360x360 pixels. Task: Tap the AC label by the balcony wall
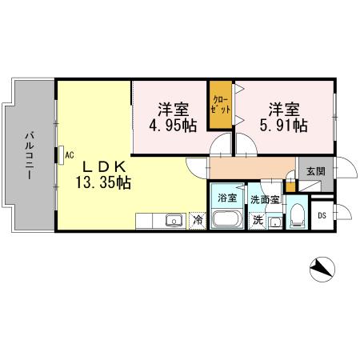coord(69,154)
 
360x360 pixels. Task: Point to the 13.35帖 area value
coord(102,182)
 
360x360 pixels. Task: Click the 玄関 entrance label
coord(315,170)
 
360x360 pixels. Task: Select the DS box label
coord(322,214)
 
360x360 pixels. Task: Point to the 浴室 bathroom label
coord(227,198)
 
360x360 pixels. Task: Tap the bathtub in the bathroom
coord(227,219)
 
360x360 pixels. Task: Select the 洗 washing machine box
coord(258,219)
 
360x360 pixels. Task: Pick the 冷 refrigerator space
coord(197,219)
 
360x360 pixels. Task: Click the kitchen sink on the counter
coord(172,220)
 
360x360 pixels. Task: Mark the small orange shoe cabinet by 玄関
coord(291,186)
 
